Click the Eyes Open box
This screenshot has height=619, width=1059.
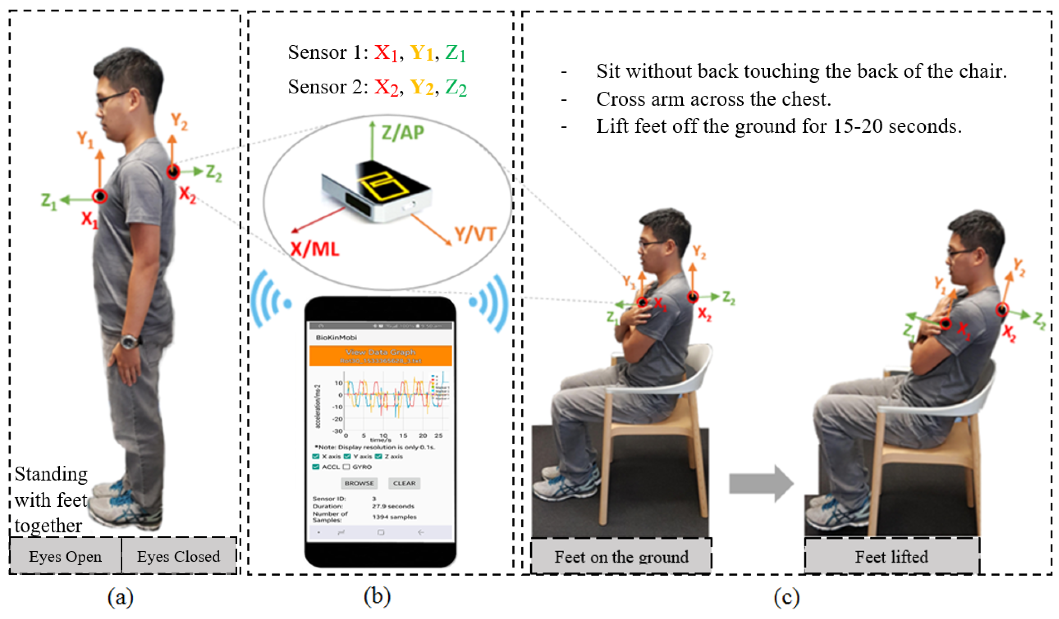(65, 556)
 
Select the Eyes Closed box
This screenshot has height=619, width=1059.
(179, 556)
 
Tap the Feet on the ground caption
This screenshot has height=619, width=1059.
(621, 557)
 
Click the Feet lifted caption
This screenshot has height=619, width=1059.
(892, 557)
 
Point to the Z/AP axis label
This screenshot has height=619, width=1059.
(403, 133)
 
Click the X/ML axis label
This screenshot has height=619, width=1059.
(315, 249)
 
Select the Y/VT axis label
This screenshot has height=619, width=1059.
(475, 234)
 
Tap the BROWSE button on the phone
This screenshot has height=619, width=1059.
(359, 483)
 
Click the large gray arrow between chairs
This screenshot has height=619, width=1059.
(761, 483)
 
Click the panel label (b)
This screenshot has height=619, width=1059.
(377, 596)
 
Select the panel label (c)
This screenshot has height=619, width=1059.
(786, 596)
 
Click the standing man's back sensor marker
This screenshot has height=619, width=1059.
(173, 171)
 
